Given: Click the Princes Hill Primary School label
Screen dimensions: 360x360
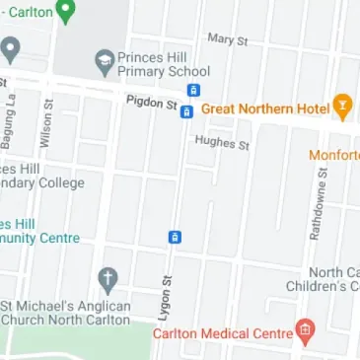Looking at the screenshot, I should coord(163,64).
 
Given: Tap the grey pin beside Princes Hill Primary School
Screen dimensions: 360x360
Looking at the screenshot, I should coord(105,63).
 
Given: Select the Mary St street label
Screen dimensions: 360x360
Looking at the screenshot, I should coord(227,39).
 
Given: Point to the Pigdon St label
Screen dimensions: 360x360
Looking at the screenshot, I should coord(151,103).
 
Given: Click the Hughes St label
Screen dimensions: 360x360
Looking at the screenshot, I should coord(222,143).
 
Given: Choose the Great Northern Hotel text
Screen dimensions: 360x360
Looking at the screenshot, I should coord(265,109).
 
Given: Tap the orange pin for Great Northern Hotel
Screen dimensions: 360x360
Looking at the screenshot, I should coord(342,105).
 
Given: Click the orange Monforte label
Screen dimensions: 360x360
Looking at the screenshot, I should coord(334,155).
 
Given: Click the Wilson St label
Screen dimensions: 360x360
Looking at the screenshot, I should coord(45,123).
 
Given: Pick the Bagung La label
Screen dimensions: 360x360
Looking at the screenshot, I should coord(9,121).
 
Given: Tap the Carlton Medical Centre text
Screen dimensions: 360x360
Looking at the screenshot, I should coord(222,333).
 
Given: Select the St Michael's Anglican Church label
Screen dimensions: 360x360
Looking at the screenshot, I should coord(65,313).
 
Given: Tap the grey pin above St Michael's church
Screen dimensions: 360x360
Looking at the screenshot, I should coord(108,279).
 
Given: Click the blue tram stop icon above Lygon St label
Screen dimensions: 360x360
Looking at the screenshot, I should coord(175,237).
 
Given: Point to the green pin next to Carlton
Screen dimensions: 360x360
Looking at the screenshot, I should coord(66,11).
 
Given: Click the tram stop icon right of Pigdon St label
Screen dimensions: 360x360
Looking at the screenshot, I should coord(186,111).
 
